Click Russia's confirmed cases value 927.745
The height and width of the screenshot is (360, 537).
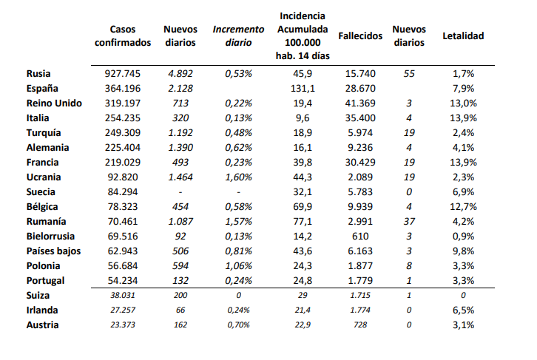pyautogui.click(x=123, y=74)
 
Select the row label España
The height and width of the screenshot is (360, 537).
pyautogui.click(x=42, y=88)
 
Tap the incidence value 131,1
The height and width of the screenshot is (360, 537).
pyautogui.click(x=303, y=88)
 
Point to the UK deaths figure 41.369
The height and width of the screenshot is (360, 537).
pyautogui.click(x=360, y=103)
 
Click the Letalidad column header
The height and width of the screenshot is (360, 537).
pyautogui.click(x=463, y=36)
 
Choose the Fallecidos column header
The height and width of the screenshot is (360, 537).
pyautogui.click(x=360, y=36)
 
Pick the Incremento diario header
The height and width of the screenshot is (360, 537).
pyautogui.click(x=238, y=36)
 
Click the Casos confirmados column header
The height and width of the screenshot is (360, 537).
pyautogui.click(x=123, y=36)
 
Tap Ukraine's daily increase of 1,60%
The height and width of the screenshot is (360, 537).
pyautogui.click(x=238, y=177)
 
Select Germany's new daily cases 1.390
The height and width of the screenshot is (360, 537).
pyautogui.click(x=180, y=148)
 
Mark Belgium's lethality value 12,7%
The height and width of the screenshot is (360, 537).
pyautogui.click(x=463, y=207)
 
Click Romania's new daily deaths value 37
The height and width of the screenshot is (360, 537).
pyautogui.click(x=409, y=222)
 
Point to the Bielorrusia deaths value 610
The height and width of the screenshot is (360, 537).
pyautogui.click(x=360, y=236)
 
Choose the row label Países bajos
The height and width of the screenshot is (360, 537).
pyautogui.click(x=53, y=251)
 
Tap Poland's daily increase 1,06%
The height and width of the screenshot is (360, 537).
pyautogui.click(x=238, y=265)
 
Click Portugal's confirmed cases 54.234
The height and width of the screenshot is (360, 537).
pyautogui.click(x=123, y=281)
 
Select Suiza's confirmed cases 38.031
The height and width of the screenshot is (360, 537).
pyautogui.click(x=123, y=295)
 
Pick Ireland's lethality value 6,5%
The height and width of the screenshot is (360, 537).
pyautogui.click(x=463, y=310)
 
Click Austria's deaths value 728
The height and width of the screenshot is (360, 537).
pyautogui.click(x=360, y=325)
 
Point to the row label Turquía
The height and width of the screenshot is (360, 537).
pyautogui.click(x=44, y=133)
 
